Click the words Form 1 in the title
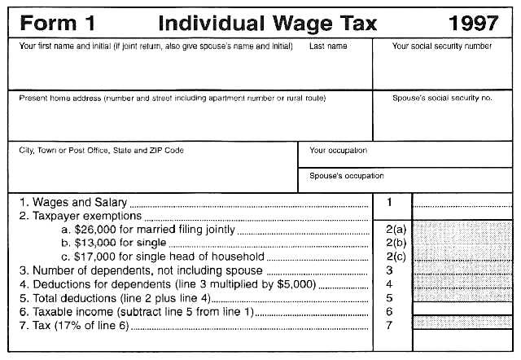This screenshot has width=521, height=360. pos(51,23)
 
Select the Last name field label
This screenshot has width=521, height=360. pos(328,46)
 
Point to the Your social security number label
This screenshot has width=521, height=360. pos(442,46)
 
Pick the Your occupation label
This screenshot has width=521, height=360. pos(339,150)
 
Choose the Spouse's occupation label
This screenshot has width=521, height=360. pos(347,175)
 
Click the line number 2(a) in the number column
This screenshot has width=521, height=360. pos(395,230)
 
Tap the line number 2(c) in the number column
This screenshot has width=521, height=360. pos(395,257)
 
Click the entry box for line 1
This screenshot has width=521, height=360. pos(461,202)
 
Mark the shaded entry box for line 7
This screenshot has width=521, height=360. pos(461,325)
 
